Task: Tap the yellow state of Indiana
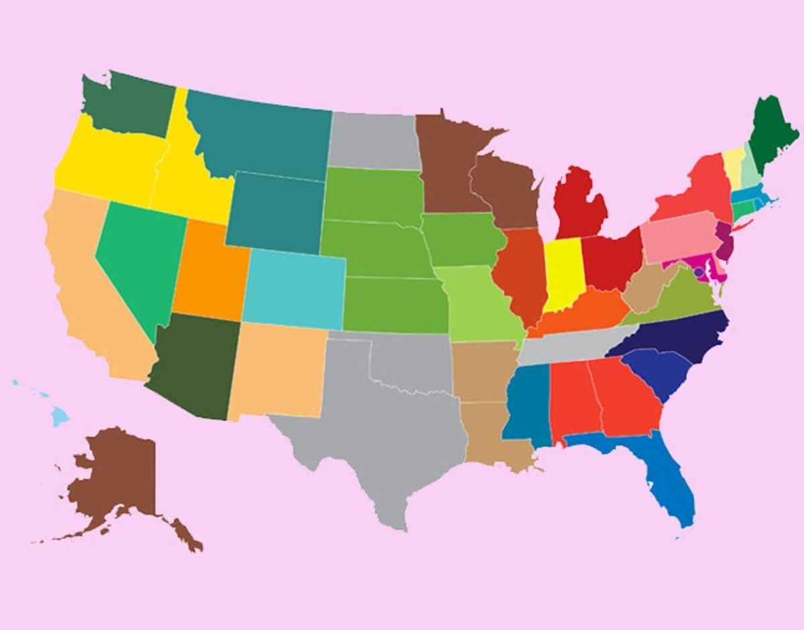(561, 274)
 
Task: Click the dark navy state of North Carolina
(677, 338)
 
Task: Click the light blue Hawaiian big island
(60, 417)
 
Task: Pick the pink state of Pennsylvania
(677, 238)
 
